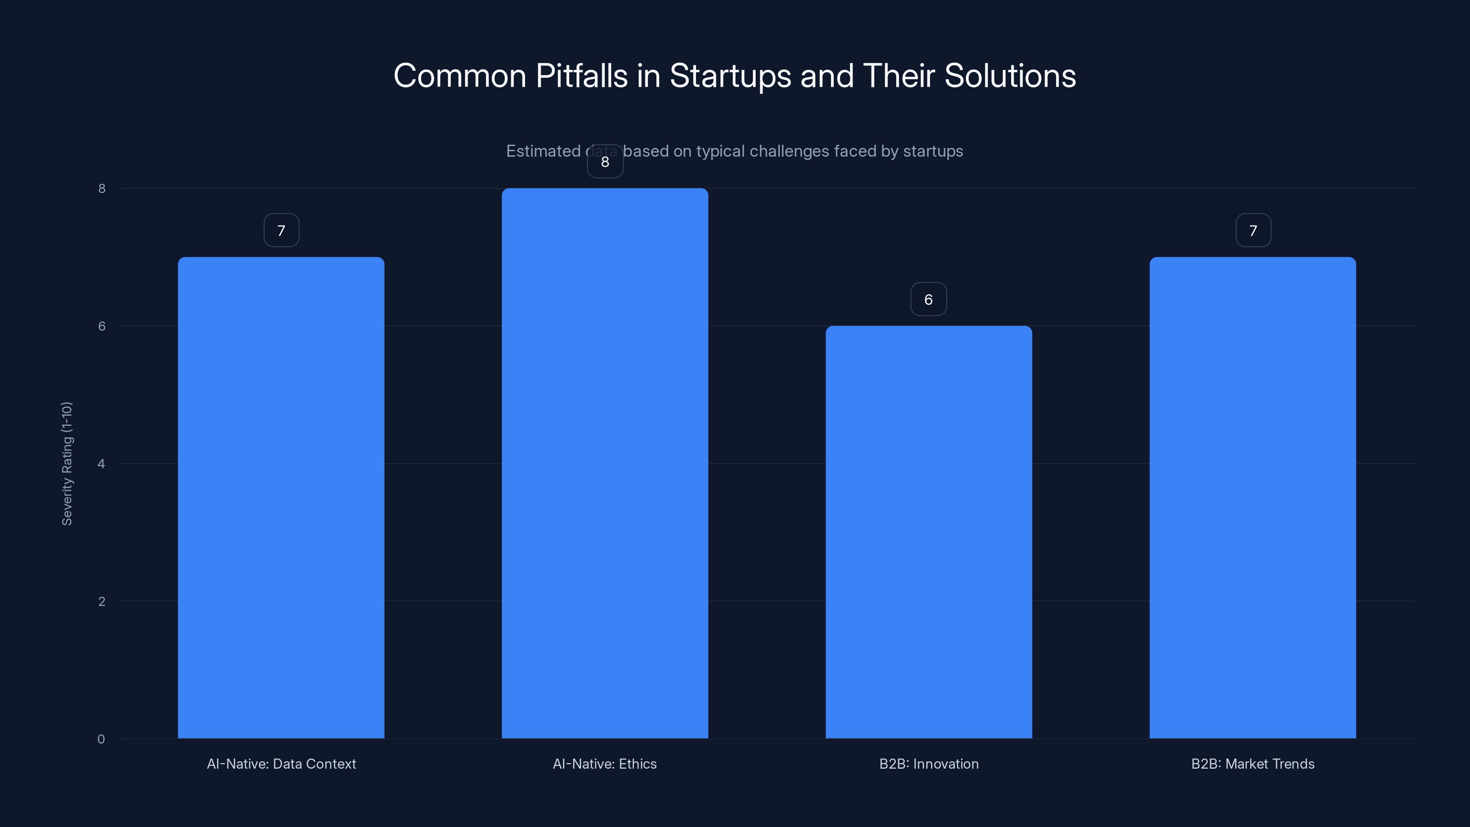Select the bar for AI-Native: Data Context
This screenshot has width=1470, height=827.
click(x=281, y=497)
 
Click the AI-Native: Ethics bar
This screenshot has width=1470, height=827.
click(x=605, y=463)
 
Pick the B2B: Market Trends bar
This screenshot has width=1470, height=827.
click(x=1253, y=497)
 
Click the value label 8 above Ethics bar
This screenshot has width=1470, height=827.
click(x=605, y=162)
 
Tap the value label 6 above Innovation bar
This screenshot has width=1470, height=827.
click(x=928, y=300)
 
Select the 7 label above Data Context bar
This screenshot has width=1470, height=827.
click(x=281, y=231)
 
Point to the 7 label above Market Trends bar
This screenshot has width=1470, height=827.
click(x=1253, y=231)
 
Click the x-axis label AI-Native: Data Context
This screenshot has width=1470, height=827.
click(x=281, y=764)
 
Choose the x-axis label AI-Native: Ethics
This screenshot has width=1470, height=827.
click(x=605, y=764)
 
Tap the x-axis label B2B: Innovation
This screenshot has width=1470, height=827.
click(x=928, y=764)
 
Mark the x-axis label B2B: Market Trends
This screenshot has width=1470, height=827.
click(x=1253, y=764)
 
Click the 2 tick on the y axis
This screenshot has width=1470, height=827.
click(x=102, y=601)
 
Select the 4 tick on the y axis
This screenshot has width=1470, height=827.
click(x=102, y=464)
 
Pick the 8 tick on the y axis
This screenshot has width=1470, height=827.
click(x=102, y=189)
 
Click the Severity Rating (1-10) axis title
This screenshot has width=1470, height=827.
click(x=68, y=464)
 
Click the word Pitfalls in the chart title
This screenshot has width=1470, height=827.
click(x=582, y=76)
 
